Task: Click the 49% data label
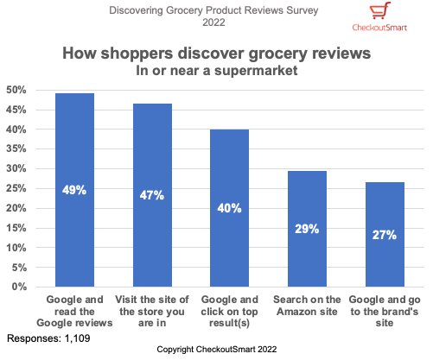point(74,190)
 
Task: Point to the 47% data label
point(152,195)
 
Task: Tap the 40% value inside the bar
point(229,208)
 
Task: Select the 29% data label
point(307,229)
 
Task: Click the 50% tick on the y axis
point(16,90)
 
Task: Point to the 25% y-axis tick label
point(16,188)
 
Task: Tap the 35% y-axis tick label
point(16,148)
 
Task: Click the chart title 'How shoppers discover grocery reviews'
point(216,54)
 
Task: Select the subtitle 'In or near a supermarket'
point(216,71)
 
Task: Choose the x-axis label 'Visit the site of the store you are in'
point(152,311)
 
